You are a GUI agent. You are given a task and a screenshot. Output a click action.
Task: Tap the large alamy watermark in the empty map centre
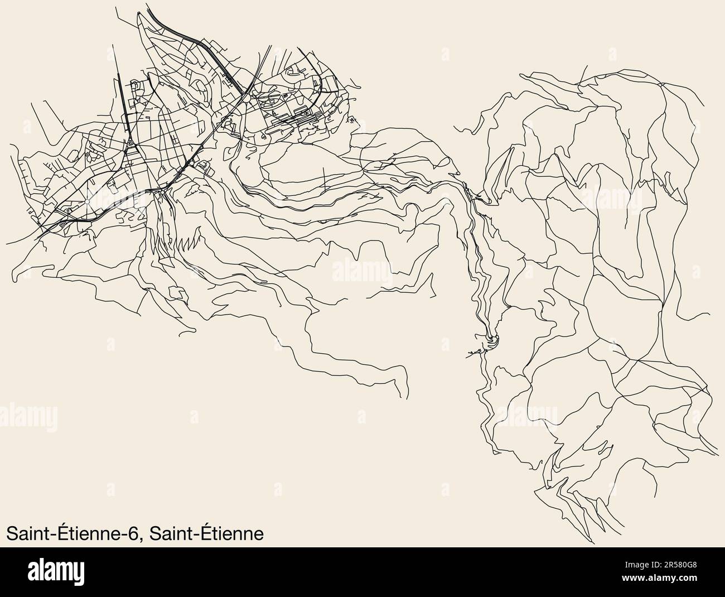[362, 272]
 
